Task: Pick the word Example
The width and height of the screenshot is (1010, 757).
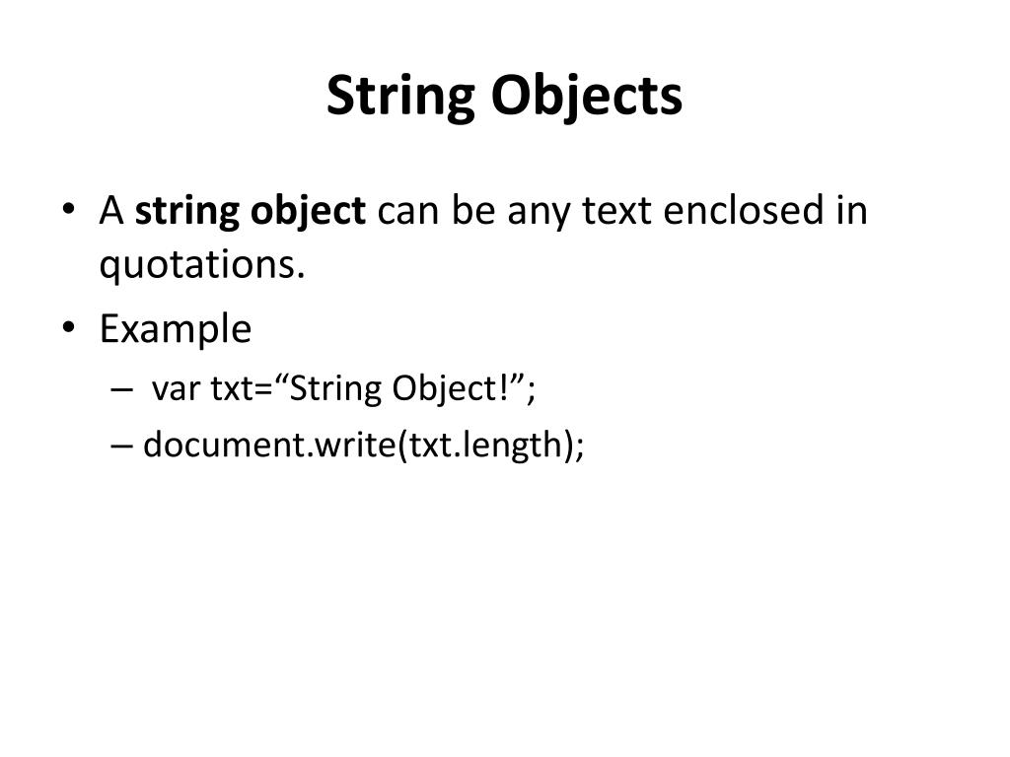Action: pyautogui.click(x=176, y=328)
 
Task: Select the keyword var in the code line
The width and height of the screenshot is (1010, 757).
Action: pyautogui.click(x=176, y=389)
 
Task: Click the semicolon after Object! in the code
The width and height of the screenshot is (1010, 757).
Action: pyautogui.click(x=532, y=390)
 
